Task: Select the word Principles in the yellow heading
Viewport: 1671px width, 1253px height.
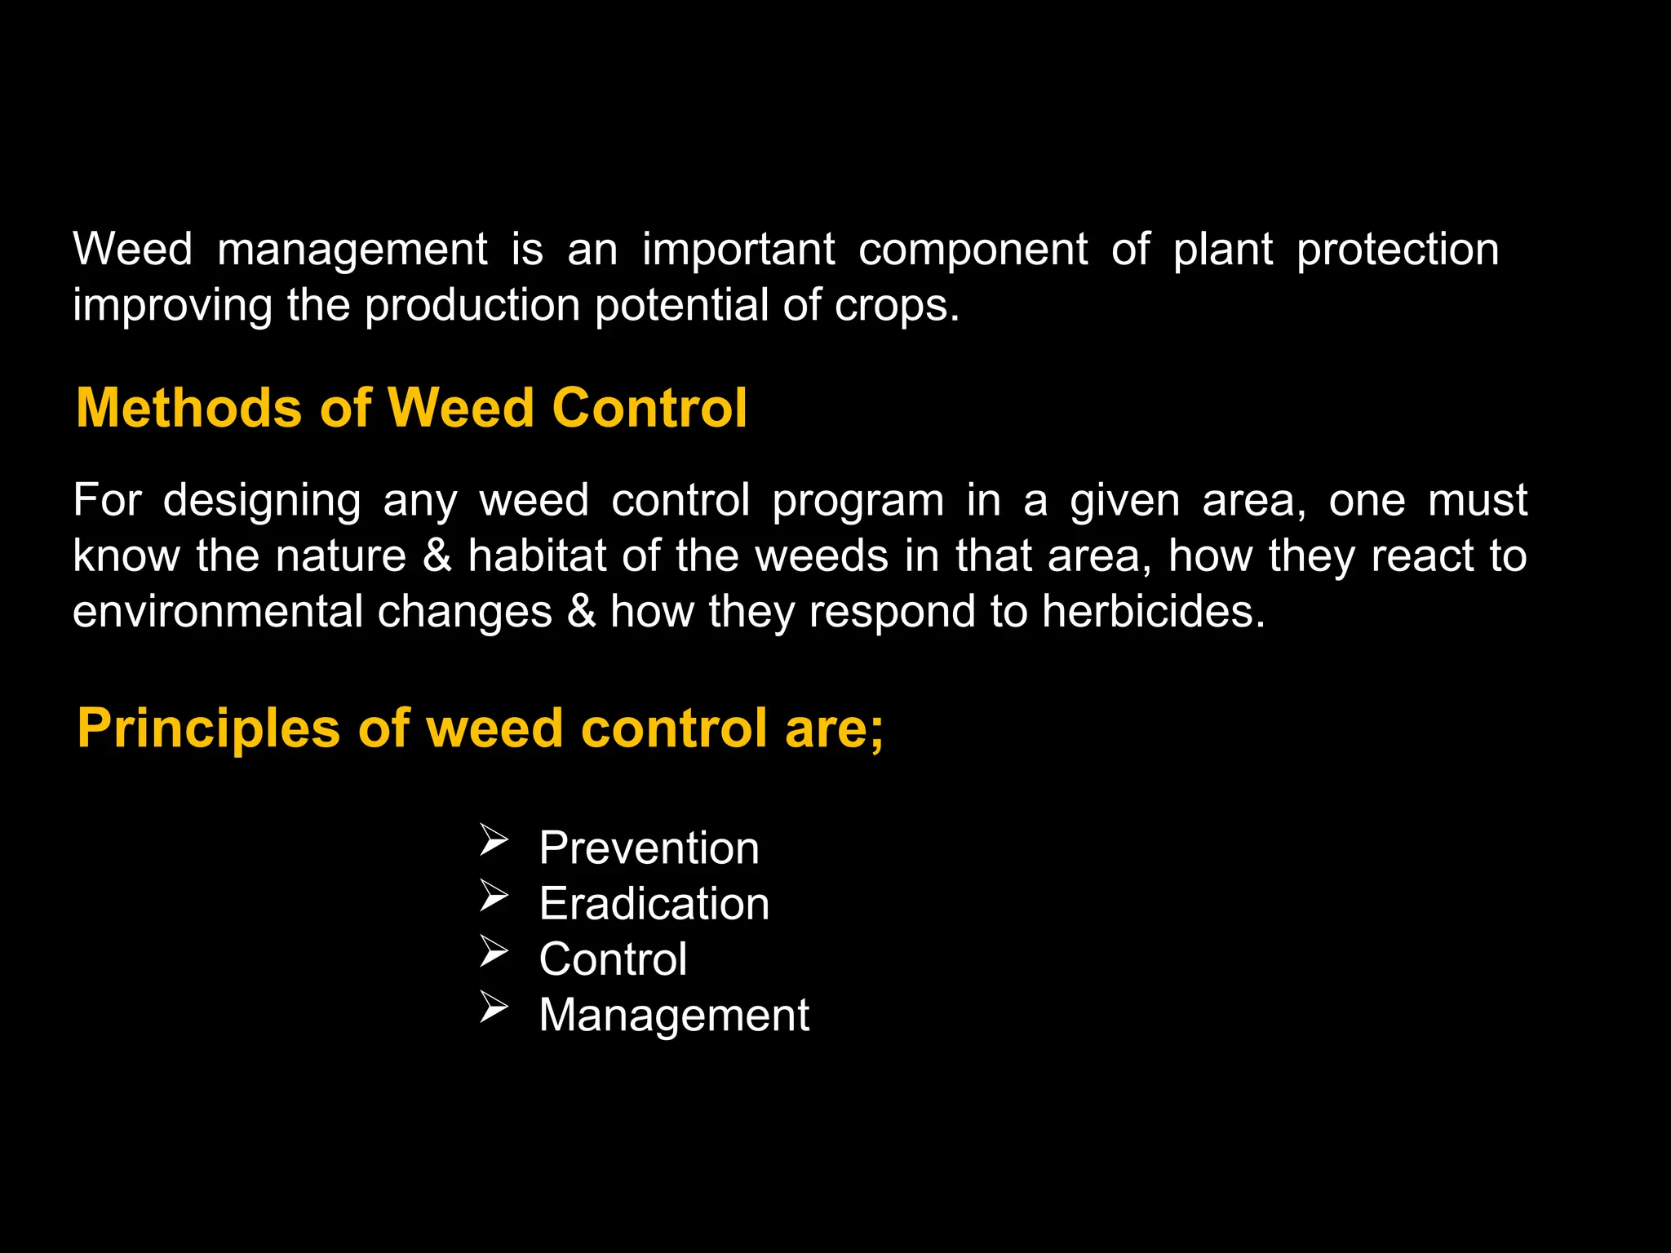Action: coord(208,728)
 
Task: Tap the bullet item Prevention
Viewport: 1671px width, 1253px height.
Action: coord(649,848)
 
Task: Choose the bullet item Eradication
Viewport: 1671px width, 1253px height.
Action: coord(654,904)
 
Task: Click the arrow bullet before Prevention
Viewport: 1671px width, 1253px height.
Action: coord(494,839)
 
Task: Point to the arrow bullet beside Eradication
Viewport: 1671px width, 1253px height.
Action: coord(494,895)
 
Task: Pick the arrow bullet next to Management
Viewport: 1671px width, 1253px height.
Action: coord(494,1007)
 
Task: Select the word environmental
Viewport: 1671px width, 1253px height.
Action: coord(217,612)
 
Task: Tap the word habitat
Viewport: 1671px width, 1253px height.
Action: coord(538,556)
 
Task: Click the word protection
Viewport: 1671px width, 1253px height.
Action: coord(1398,250)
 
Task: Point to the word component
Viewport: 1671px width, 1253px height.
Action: coord(973,250)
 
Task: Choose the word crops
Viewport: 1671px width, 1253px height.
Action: coord(897,306)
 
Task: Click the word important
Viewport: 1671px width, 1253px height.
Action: coord(738,249)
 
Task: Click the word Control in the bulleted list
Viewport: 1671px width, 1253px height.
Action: coord(613,959)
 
